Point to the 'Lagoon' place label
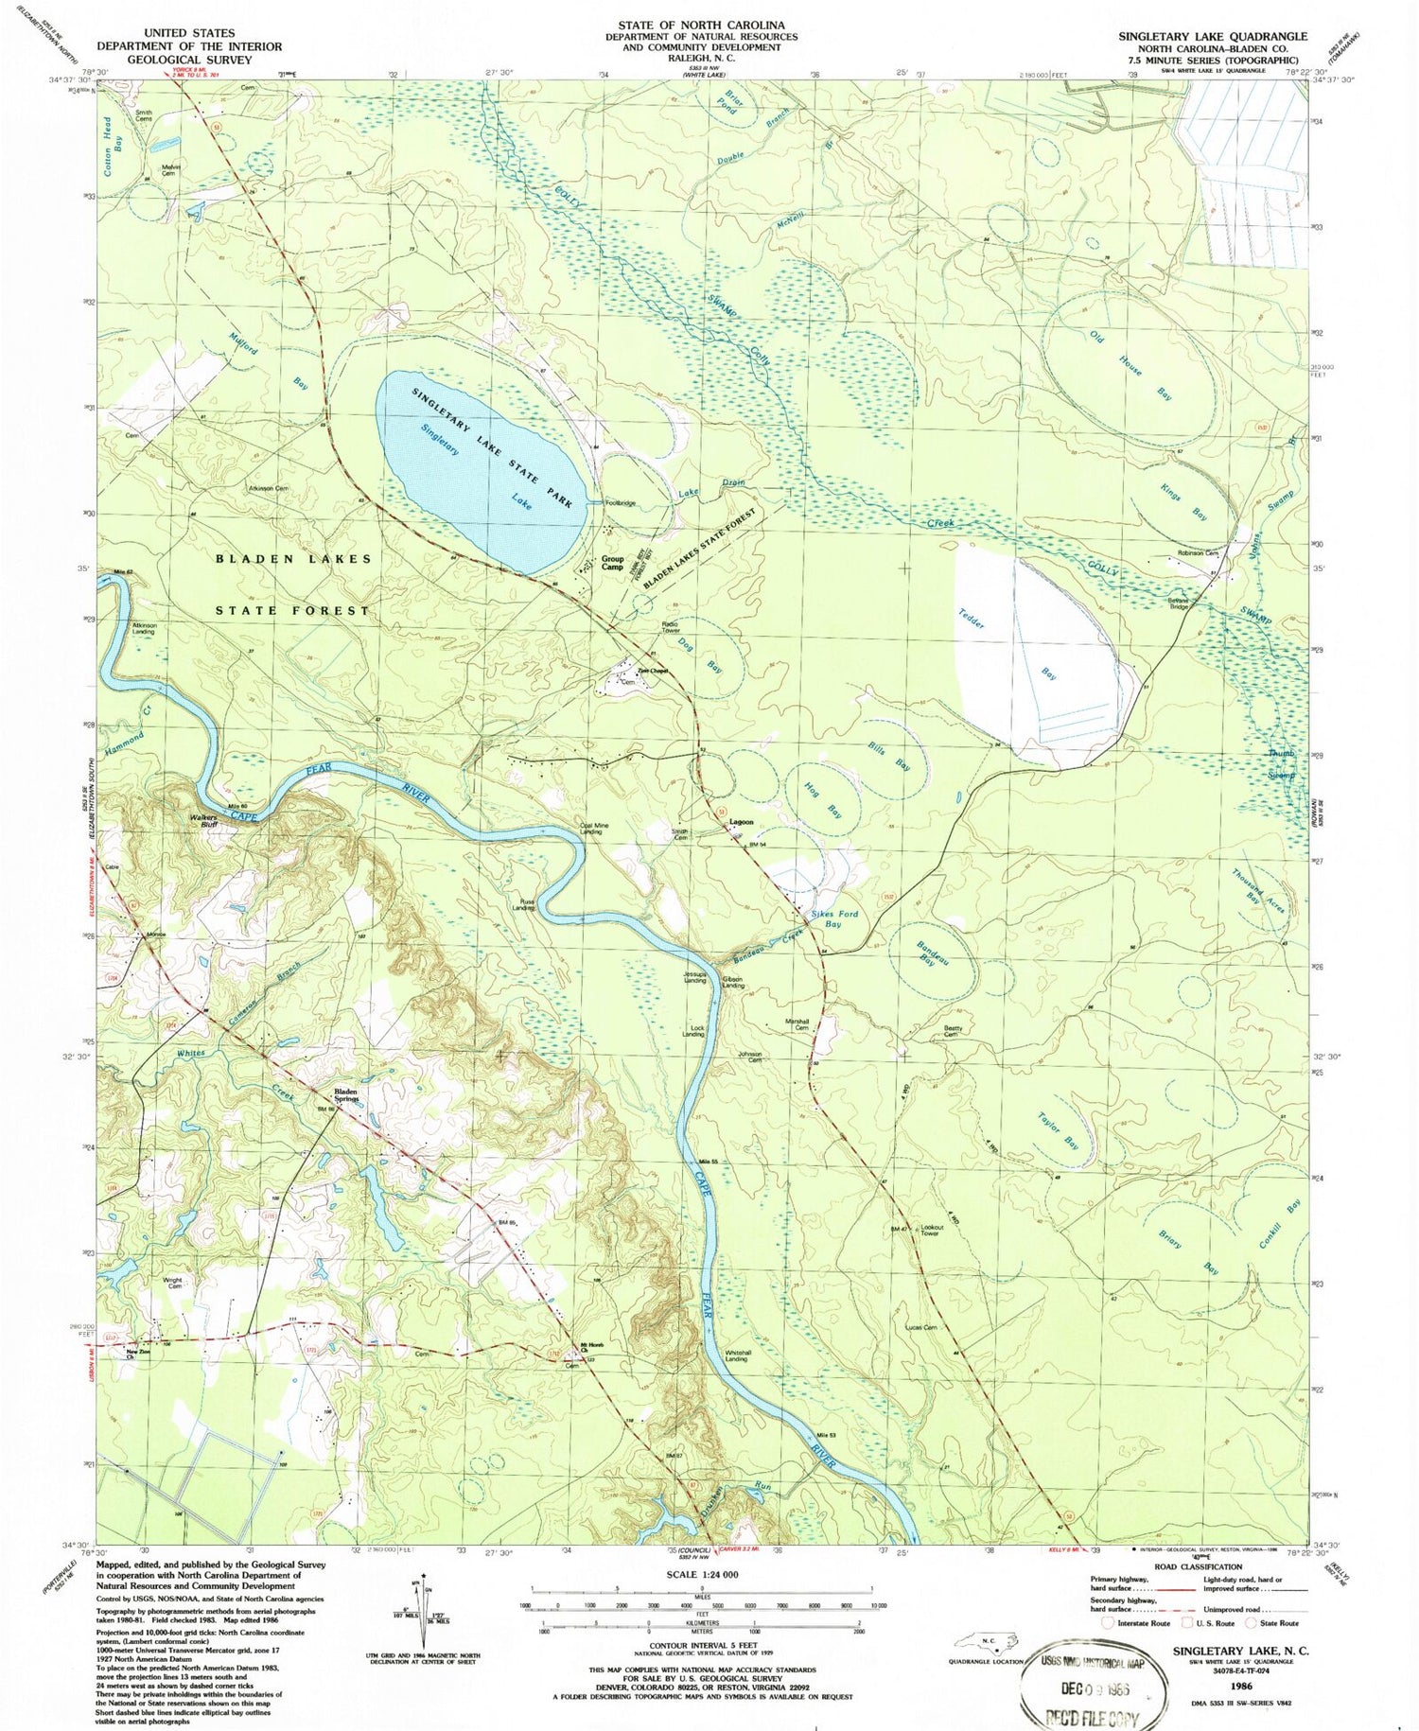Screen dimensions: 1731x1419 pyautogui.click(x=741, y=822)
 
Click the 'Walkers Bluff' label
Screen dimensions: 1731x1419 pyautogui.click(x=203, y=819)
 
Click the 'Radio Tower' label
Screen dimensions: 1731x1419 pyautogui.click(x=671, y=628)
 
